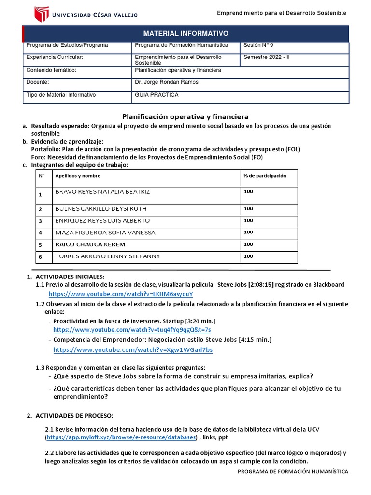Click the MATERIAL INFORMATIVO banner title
point(186,33)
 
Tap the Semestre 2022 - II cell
point(267,57)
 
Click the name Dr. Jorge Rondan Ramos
point(167,82)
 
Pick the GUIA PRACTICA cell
point(157,95)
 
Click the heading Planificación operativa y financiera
point(185,116)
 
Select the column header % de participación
point(265,176)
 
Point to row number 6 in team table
point(41,257)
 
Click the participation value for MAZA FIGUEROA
point(248,233)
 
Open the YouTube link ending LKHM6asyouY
point(121,294)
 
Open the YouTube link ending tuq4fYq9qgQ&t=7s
point(132,329)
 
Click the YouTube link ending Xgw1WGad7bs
point(133,349)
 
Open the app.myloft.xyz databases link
point(122,437)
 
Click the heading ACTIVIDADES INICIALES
point(70,277)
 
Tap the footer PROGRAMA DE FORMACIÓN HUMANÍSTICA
point(293,471)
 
